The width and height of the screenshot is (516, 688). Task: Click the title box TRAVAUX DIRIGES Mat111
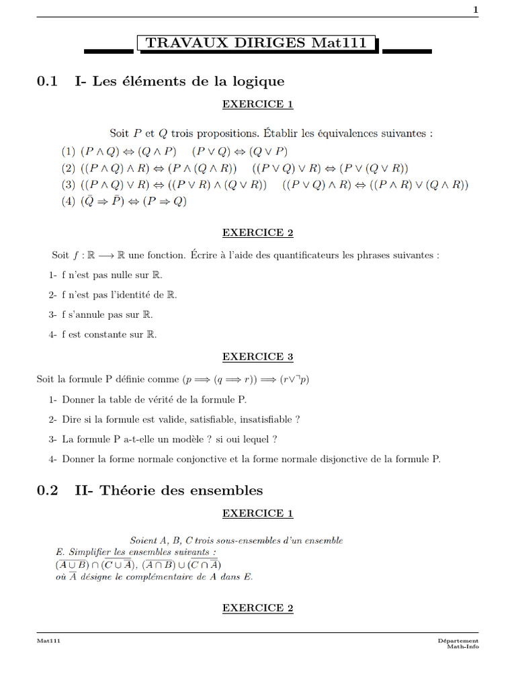[257, 44]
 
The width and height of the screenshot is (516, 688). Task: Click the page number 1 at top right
[476, 9]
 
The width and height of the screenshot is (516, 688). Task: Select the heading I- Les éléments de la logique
[179, 81]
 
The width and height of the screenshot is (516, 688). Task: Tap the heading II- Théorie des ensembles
[169, 490]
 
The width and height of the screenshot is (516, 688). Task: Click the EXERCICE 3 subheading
[258, 357]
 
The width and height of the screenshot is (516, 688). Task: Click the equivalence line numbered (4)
[124, 202]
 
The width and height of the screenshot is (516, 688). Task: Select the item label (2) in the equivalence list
[69, 168]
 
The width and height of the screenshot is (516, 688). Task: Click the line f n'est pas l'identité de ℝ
[113, 294]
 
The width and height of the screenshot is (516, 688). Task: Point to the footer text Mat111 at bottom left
[48, 641]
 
